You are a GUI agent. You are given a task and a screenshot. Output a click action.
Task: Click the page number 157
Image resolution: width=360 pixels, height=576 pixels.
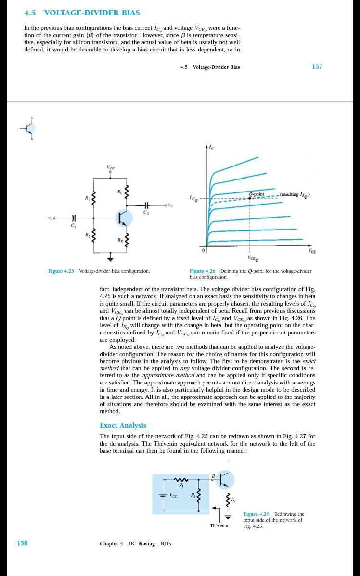(x=317, y=67)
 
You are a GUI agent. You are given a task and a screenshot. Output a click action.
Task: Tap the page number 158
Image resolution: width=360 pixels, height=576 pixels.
(x=22, y=543)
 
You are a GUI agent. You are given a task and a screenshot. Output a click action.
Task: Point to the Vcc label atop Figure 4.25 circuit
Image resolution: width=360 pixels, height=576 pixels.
(x=111, y=167)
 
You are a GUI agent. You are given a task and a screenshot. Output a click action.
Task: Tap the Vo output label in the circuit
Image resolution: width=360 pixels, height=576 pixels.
(x=170, y=206)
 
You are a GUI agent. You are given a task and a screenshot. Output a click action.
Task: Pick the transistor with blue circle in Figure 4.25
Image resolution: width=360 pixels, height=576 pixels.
(x=125, y=218)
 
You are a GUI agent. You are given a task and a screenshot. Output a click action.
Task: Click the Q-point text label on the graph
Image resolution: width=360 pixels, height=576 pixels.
(x=256, y=194)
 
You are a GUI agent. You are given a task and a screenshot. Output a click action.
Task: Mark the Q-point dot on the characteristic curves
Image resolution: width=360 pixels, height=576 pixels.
(x=250, y=198)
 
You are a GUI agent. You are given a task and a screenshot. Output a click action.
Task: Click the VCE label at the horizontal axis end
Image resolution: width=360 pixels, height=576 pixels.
(x=312, y=251)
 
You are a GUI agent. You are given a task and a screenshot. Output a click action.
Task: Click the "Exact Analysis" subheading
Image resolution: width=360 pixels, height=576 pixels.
(x=123, y=425)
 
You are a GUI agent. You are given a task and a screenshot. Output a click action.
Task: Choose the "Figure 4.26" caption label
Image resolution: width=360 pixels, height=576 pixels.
(x=202, y=271)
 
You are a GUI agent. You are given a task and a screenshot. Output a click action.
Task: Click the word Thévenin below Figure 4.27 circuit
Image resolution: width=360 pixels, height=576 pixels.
(x=219, y=525)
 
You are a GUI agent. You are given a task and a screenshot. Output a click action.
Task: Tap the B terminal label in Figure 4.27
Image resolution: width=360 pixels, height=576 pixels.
(x=213, y=476)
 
